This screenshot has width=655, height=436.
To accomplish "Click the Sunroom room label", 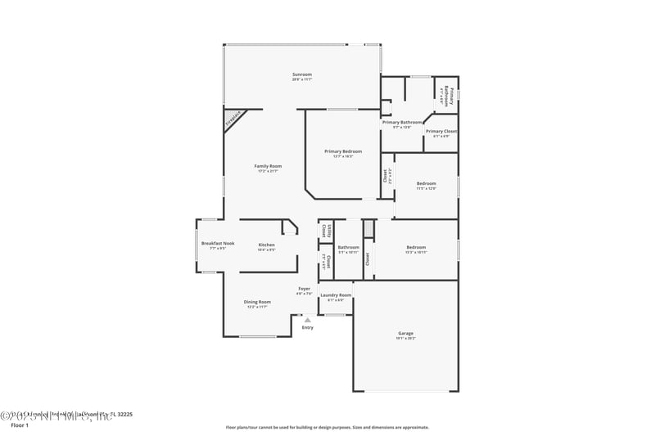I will (301, 74).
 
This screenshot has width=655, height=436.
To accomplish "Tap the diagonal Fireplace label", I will (233, 121).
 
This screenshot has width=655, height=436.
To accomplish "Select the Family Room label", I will (268, 166).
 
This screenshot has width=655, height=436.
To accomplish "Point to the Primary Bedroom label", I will (342, 151).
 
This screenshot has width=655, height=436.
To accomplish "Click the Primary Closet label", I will (440, 131).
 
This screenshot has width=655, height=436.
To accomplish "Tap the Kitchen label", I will (267, 245).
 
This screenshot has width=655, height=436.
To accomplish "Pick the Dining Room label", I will (256, 302).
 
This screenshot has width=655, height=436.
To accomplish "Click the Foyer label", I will (304, 288).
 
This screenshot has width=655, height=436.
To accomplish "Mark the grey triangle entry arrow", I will (307, 320).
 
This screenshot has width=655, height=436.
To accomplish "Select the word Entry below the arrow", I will (307, 328).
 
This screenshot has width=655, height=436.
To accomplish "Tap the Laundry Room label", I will (336, 295).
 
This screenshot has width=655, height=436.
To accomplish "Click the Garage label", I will (405, 333).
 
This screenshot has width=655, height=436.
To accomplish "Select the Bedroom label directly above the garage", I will (416, 247).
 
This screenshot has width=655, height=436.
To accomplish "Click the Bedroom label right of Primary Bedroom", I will (426, 184).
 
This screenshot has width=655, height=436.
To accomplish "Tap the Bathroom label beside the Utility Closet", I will (349, 247).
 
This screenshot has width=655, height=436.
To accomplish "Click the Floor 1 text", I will (19, 425).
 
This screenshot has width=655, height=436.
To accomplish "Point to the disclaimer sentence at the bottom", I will (327, 427).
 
